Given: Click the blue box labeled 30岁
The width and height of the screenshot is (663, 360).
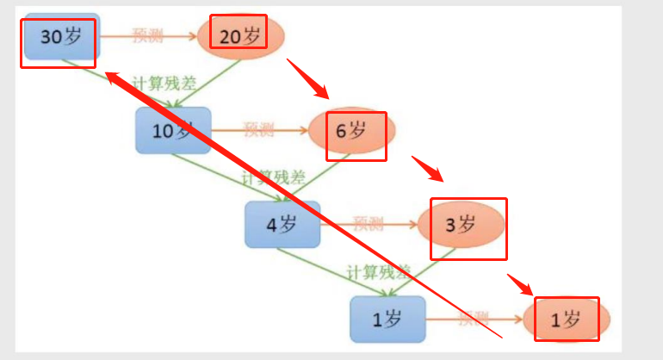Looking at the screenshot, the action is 60,36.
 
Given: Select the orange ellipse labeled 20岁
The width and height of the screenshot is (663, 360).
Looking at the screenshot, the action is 241,35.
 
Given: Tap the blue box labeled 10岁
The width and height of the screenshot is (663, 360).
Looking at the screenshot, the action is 173,131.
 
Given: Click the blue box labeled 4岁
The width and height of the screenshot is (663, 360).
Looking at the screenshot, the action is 282,226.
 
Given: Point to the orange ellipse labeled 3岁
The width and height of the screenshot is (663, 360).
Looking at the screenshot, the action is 461,226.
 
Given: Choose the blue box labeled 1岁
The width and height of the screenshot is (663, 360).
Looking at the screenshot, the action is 387,320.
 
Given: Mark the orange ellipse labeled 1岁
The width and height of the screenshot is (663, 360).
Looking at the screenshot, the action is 567,320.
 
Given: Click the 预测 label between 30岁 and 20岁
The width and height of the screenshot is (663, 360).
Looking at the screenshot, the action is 147,35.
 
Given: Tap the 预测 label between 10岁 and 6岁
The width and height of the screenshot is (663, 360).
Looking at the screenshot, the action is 258,130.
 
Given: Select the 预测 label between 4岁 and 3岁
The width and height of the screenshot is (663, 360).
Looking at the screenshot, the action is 368,224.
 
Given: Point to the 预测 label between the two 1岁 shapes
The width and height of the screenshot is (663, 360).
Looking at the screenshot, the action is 474,320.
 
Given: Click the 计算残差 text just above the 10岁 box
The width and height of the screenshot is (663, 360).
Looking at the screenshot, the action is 163,87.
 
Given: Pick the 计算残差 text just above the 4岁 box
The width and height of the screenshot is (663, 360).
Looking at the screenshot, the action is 273,178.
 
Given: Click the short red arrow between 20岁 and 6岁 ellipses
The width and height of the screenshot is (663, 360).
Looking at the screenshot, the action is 308,79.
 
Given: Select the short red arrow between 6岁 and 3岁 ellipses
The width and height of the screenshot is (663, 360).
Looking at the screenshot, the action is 428,170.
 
